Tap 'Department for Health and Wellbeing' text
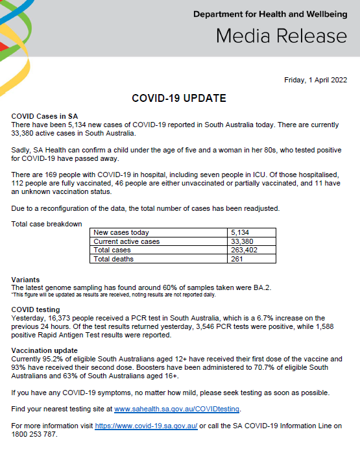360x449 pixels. [x=271, y=14]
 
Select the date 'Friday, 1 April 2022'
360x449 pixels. [x=315, y=80]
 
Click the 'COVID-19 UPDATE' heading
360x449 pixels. [x=179, y=99]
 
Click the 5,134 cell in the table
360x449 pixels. [x=241, y=232]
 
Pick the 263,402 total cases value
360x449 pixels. [x=244, y=250]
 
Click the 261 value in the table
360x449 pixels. [x=237, y=259]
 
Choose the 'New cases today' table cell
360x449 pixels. [x=121, y=232]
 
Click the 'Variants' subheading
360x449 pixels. [x=25, y=280]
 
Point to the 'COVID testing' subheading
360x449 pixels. [x=36, y=309]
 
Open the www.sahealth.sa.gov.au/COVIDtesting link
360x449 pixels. [x=176, y=409]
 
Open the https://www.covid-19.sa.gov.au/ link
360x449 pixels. [x=146, y=426]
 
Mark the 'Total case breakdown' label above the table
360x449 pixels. [x=47, y=224]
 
